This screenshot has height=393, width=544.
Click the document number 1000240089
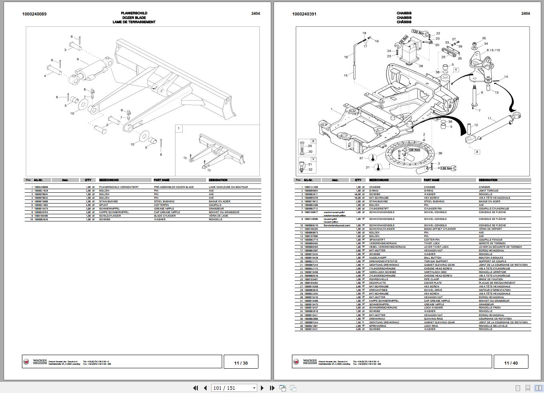(34, 14)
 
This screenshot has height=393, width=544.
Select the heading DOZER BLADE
(134, 18)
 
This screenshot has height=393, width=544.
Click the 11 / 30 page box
(241, 363)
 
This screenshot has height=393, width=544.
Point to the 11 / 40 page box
(511, 363)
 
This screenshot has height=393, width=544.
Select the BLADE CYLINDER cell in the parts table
(166, 216)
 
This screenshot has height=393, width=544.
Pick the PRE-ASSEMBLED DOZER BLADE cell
(174, 187)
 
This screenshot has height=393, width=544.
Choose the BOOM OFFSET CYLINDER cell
(440, 229)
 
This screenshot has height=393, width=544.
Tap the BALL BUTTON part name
(432, 258)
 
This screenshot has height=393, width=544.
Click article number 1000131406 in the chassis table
(311, 187)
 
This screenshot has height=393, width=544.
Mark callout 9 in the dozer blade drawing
(78, 59)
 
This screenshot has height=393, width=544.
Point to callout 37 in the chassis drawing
(361, 158)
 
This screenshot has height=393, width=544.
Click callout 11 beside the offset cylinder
(489, 118)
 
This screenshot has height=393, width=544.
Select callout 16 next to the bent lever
(346, 57)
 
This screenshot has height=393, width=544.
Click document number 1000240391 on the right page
(304, 14)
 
